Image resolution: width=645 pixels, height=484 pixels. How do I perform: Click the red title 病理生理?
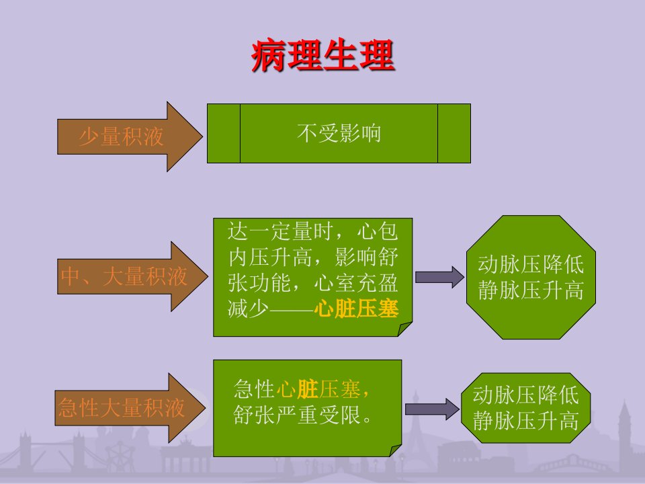(323, 56)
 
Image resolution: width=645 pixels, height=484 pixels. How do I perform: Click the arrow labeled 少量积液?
(130, 136)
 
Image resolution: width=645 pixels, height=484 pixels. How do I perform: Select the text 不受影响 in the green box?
(339, 133)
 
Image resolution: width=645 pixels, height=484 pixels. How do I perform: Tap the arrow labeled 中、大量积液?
(132, 276)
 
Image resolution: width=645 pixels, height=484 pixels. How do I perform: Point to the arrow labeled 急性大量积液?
(130, 408)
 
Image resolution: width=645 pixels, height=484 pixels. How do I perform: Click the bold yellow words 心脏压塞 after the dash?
(356, 309)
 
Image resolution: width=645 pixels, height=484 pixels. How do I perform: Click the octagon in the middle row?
(531, 277)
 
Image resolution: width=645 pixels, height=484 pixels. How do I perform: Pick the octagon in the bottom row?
(525, 408)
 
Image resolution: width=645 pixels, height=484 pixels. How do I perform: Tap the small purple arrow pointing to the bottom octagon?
(432, 409)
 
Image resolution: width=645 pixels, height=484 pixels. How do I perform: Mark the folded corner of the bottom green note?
(396, 450)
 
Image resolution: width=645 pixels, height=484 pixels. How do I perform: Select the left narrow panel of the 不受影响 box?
(224, 133)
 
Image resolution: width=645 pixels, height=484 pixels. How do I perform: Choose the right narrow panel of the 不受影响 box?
(454, 133)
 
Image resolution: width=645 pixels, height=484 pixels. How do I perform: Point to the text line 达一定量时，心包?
(312, 231)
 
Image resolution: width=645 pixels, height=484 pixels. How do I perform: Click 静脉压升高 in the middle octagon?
(531, 290)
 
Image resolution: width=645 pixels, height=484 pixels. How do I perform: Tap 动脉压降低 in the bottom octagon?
(525, 395)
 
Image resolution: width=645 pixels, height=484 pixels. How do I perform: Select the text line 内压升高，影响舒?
(313, 257)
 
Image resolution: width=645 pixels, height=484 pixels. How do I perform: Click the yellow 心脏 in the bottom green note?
(298, 389)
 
